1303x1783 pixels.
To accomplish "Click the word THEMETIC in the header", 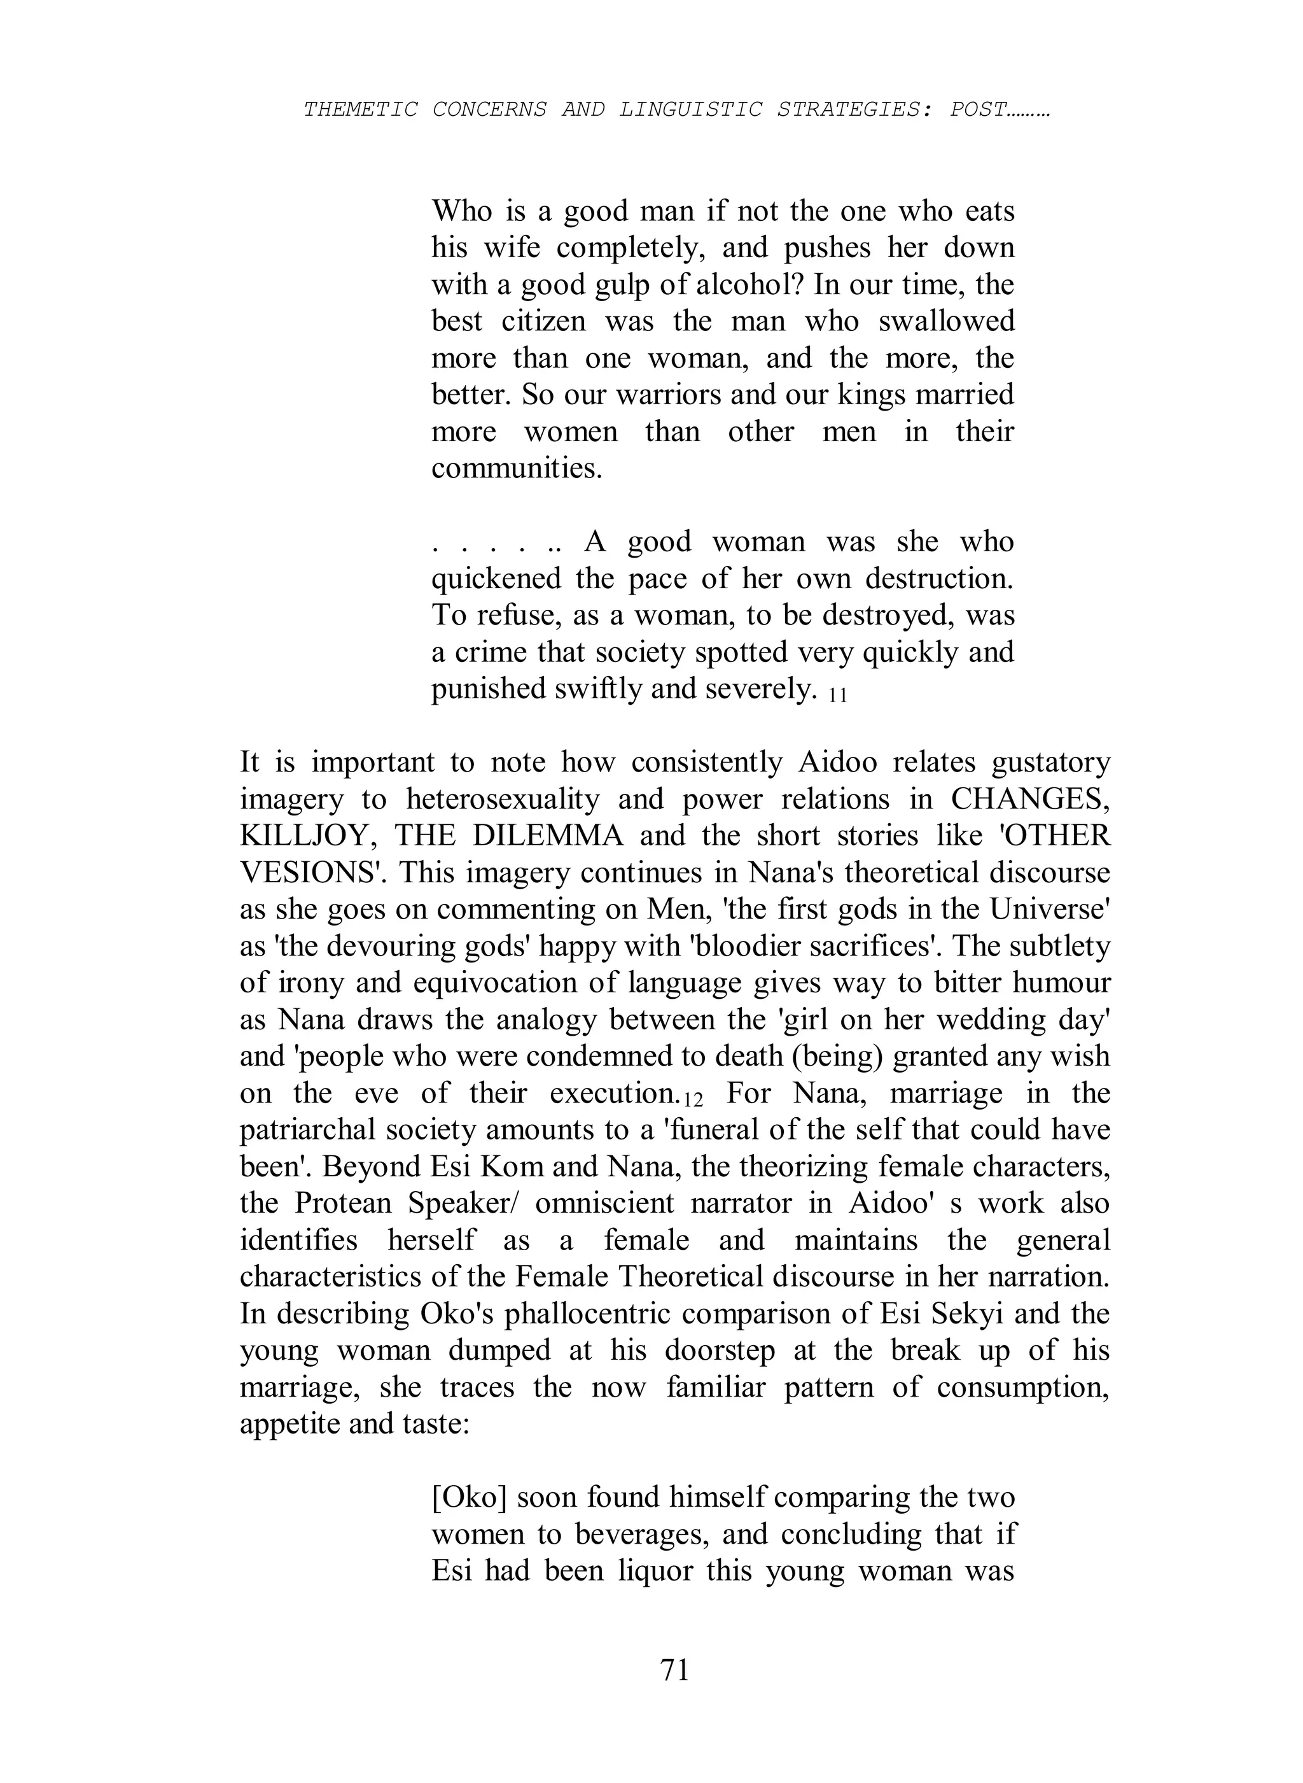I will [x=361, y=109].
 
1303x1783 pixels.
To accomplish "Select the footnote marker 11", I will [x=838, y=696].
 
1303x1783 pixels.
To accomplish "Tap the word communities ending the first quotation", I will [x=517, y=468].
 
